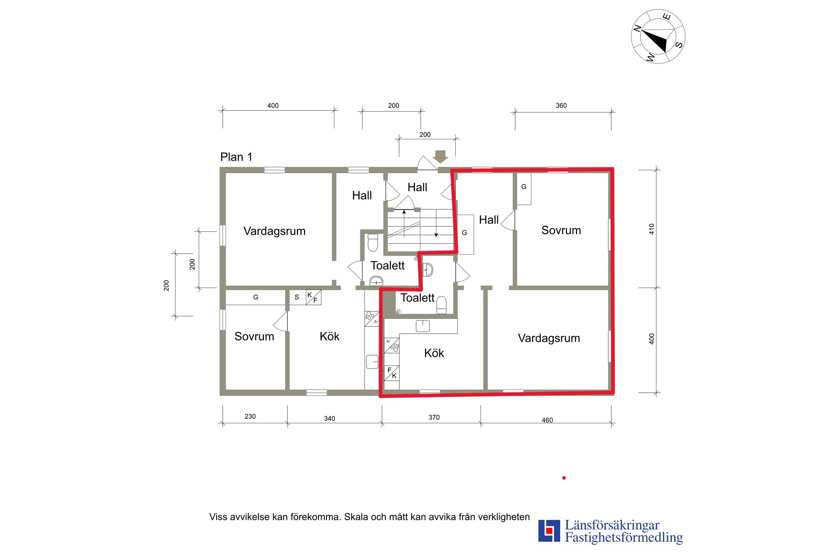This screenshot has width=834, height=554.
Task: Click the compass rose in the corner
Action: coord(658,37)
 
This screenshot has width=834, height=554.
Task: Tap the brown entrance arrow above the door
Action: coord(440,156)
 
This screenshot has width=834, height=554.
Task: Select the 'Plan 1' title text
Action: coord(236,157)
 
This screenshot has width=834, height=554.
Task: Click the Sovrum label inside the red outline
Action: coord(561,230)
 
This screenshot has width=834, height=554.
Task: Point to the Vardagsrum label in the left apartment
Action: coord(274,231)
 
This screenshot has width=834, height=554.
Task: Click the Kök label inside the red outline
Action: coord(434,353)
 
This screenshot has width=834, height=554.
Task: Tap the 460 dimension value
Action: coord(547,420)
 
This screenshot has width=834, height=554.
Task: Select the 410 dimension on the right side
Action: coord(652,229)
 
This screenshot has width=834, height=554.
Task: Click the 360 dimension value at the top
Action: coord(561,106)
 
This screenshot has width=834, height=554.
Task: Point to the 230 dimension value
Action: coord(250,416)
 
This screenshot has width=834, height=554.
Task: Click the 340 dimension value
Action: coord(329,418)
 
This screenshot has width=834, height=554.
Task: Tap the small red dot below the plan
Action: coord(564,478)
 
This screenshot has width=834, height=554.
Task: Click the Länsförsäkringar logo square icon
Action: coord(549,531)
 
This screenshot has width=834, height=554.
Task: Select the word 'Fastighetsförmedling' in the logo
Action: coord(624,538)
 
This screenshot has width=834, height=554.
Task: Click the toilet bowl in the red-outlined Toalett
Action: coord(441,305)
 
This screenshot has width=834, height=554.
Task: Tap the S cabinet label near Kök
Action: coord(296,297)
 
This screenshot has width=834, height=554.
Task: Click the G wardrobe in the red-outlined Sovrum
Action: coord(524,189)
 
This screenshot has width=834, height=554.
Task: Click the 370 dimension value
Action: coord(434,417)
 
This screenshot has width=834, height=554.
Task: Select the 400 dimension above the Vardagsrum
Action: coord(273,106)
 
